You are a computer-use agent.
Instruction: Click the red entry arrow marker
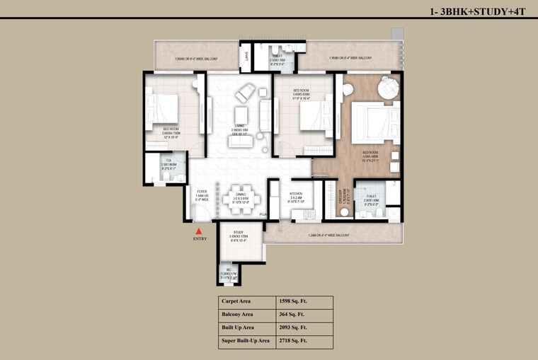point(200,231)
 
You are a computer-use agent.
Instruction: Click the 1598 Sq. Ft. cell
point(292,301)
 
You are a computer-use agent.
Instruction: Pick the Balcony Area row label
point(237,314)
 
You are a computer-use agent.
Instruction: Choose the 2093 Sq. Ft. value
point(292,327)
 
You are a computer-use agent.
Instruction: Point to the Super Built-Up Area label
point(245,341)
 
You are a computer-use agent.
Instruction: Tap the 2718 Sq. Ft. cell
point(292,341)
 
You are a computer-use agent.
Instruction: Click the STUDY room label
point(238,231)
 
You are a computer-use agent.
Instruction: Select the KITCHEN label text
point(297,192)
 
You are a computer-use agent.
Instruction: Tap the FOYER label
point(202,190)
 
